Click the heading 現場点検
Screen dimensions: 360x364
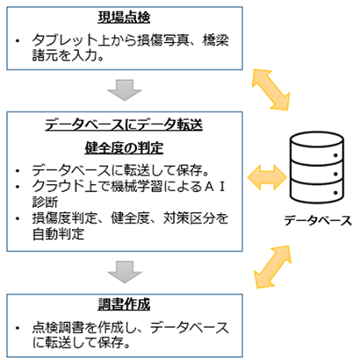[x=124, y=17]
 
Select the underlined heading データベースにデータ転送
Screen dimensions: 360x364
[x=124, y=124]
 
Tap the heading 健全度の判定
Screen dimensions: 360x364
[x=124, y=148]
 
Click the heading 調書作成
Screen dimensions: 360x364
[x=124, y=304]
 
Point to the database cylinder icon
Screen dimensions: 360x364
[x=317, y=168]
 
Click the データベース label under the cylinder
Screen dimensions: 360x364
[x=318, y=221]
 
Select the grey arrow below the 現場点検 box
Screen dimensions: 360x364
[x=124, y=90]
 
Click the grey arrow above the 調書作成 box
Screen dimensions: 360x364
[x=124, y=272]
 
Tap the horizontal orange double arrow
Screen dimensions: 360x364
[x=267, y=177]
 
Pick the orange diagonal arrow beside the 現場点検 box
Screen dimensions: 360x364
[x=271, y=90]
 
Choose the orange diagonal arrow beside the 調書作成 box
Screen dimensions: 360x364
[x=272, y=267]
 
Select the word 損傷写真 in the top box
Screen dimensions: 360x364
[x=162, y=40]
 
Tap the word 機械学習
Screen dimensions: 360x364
[x=137, y=186]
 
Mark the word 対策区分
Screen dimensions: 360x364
[x=189, y=218]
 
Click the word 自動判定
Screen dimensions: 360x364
[x=58, y=234]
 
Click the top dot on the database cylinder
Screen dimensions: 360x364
[x=336, y=155]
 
